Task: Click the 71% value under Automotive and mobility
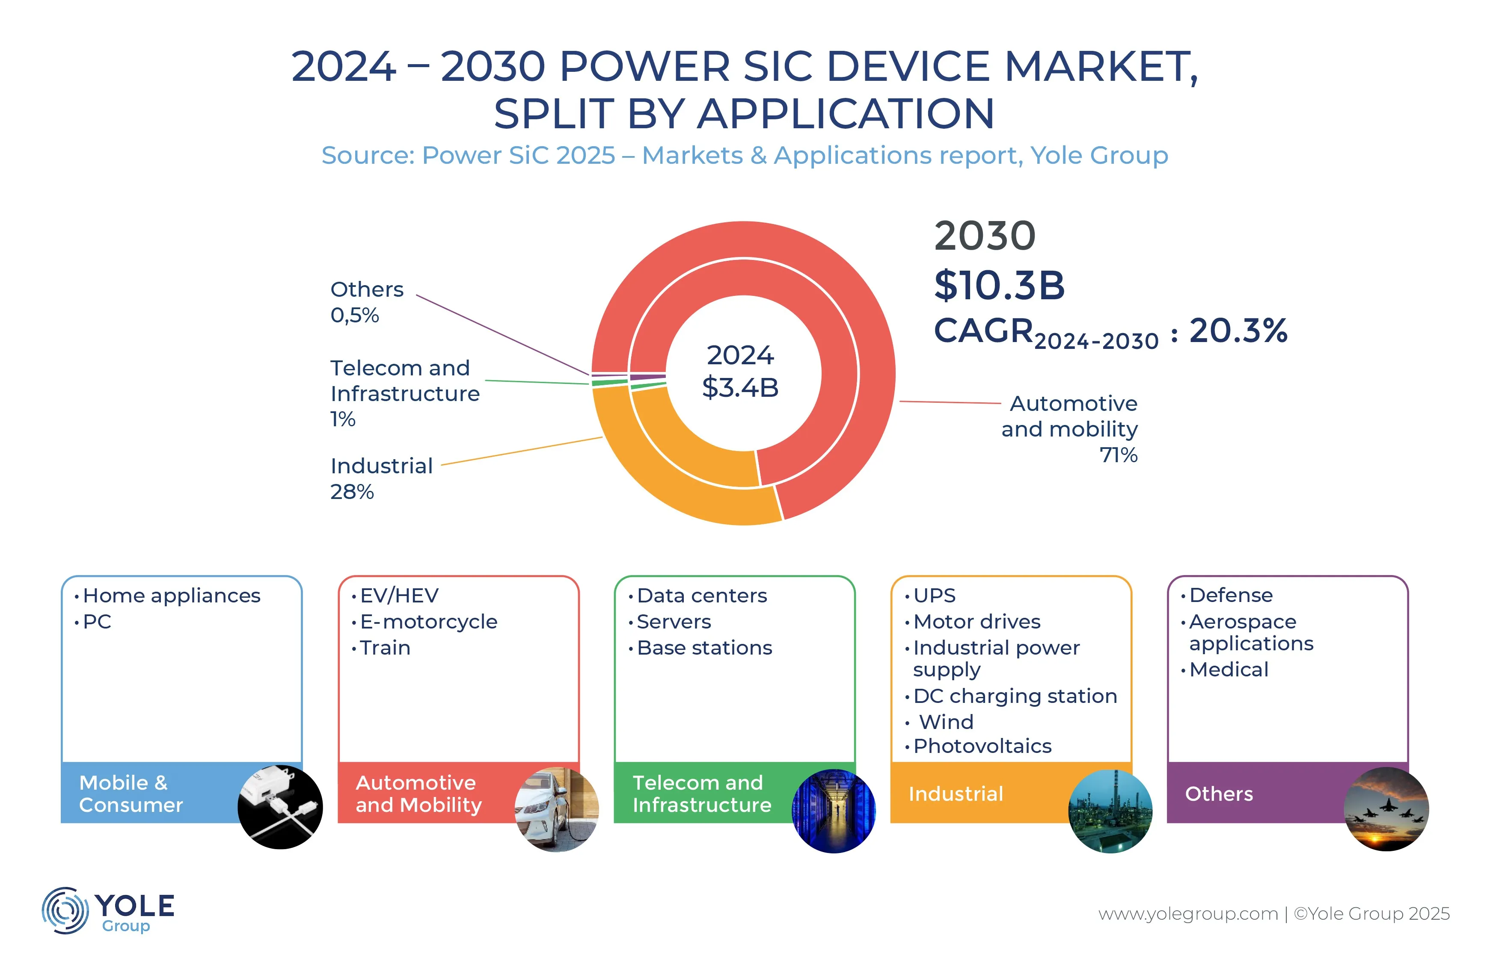(x=1118, y=455)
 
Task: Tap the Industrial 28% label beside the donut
(x=381, y=478)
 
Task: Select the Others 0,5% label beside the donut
(x=366, y=302)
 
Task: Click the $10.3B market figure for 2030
(x=999, y=286)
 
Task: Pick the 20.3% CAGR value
(x=1238, y=331)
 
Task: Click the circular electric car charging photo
(x=556, y=809)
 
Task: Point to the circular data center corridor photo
(x=833, y=810)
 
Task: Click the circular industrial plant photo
(x=1110, y=810)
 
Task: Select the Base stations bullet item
(x=704, y=648)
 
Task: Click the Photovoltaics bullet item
(x=982, y=746)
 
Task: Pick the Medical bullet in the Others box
(x=1228, y=670)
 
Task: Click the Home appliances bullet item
(x=171, y=595)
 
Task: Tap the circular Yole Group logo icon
(x=65, y=910)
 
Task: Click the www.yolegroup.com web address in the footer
(x=1187, y=914)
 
